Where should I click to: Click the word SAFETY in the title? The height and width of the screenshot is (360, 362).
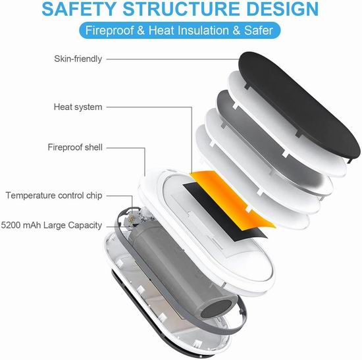pos(78,9)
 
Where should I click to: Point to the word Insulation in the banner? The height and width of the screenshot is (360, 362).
pos(202,30)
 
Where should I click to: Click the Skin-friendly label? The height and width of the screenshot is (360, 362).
pos(78,59)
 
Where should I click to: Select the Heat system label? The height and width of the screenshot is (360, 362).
pos(78,107)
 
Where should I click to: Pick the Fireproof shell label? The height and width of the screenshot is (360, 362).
pos(75,147)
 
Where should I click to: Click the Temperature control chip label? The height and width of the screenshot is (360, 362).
pos(54,195)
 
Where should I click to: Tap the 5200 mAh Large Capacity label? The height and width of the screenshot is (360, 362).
pos(51,225)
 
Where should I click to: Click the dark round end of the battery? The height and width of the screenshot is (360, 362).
pos(215,308)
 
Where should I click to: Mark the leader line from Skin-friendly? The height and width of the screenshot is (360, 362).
pos(172,59)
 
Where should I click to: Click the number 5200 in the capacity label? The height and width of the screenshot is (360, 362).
pos(11,225)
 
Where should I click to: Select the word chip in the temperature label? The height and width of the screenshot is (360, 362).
pos(94,196)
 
